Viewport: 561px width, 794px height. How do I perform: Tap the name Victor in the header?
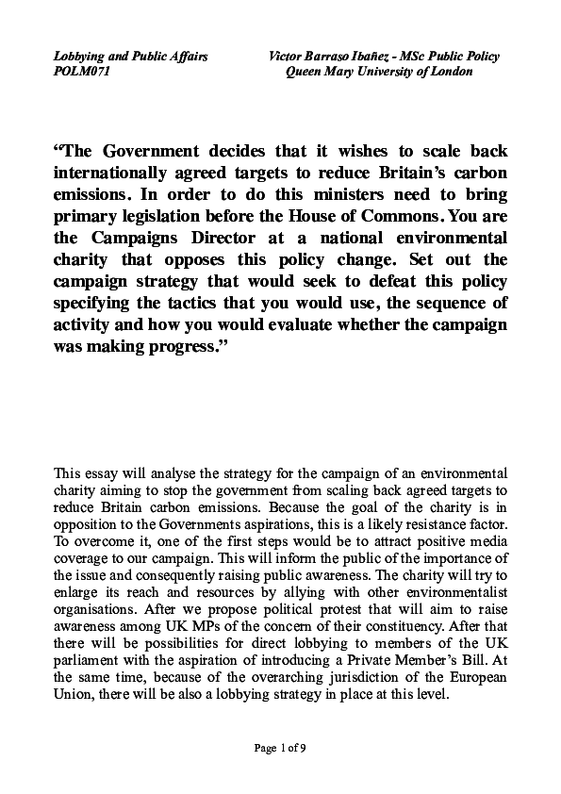pos(287,57)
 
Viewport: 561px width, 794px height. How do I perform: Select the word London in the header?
pos(450,72)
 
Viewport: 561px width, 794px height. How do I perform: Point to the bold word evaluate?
pos(293,323)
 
